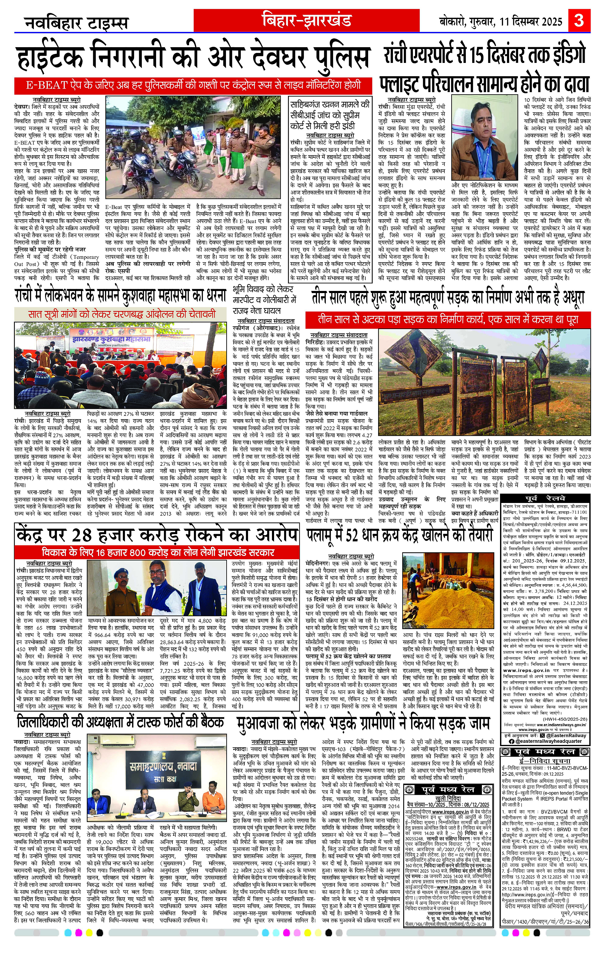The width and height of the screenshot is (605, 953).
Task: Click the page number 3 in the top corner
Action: click(x=579, y=20)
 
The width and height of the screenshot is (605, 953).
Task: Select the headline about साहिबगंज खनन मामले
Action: click(x=330, y=116)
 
